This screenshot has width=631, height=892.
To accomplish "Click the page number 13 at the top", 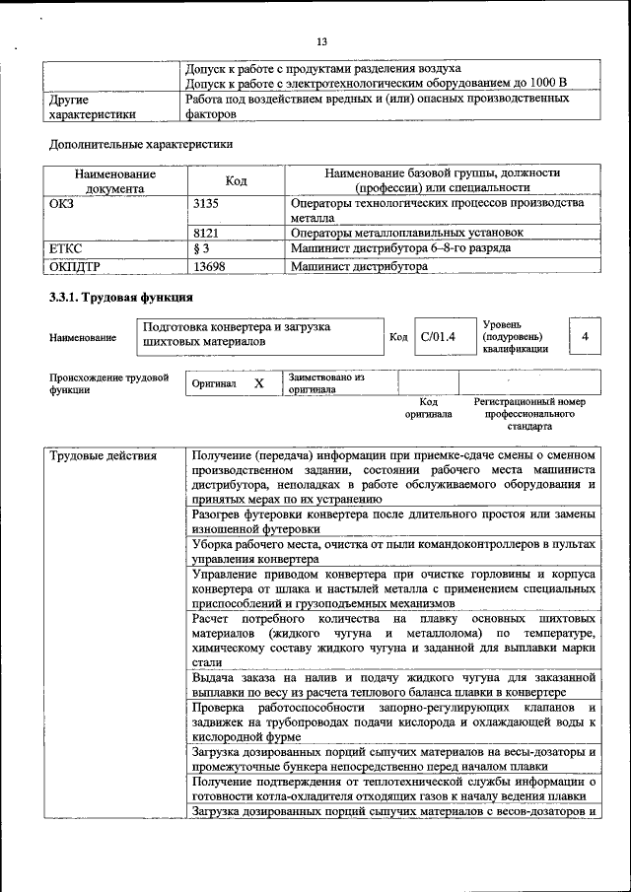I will click(321, 41).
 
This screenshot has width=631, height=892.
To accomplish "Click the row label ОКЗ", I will click(61, 203).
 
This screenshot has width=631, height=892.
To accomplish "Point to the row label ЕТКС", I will click(65, 248).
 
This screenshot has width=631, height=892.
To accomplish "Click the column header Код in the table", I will click(237, 180).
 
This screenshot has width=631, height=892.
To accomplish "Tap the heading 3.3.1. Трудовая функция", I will click(120, 298).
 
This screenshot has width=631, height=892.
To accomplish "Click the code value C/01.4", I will click(437, 337).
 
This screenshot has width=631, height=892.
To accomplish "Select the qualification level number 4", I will click(585, 337).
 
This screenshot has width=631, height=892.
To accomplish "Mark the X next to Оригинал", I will click(258, 382).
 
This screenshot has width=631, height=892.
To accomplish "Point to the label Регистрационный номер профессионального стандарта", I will click(529, 414).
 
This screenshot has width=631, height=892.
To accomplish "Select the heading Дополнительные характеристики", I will click(141, 144).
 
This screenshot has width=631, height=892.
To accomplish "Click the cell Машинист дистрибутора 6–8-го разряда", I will click(400, 248).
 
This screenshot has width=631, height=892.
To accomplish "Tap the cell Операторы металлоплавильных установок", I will click(406, 233).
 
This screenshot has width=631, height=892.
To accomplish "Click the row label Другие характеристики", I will click(92, 106).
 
